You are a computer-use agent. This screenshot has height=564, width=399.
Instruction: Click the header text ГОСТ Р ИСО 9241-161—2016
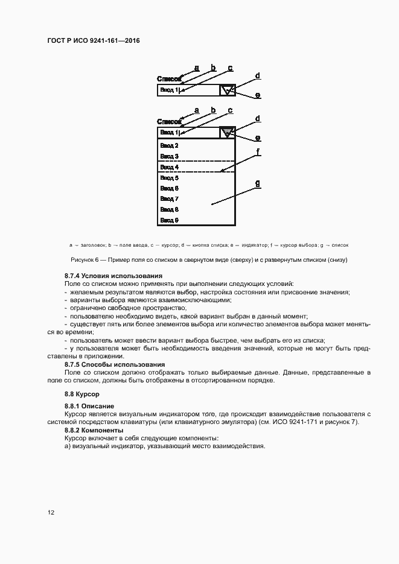(93, 40)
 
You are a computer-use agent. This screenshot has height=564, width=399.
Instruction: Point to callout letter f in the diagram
(258, 153)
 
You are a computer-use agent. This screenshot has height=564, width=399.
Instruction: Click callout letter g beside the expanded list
(258, 183)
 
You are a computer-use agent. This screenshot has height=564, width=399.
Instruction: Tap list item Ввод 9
(168, 220)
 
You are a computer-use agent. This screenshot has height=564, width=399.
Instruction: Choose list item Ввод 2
(168, 145)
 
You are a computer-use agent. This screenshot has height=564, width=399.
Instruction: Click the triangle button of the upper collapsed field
(227, 90)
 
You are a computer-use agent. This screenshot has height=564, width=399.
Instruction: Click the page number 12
(51, 513)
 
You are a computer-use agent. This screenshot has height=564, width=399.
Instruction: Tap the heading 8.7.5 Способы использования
(115, 364)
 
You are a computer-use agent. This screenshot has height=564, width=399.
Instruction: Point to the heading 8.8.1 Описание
(89, 406)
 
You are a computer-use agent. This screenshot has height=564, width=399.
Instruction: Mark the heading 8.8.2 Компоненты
(94, 430)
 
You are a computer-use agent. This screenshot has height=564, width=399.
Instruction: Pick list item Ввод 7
(168, 198)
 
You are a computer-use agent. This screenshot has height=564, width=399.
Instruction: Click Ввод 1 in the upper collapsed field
(168, 90)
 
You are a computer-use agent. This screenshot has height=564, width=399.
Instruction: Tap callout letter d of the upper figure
(258, 76)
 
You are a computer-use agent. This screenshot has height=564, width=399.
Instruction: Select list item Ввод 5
(168, 178)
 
